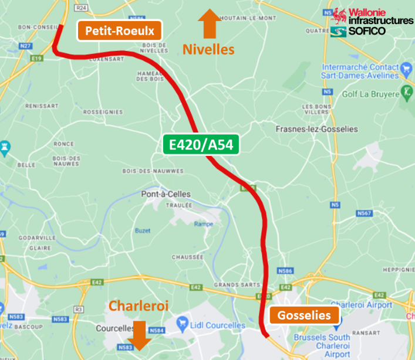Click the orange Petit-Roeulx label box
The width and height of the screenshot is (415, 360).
click(x=120, y=30)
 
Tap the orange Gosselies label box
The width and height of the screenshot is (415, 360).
click(x=300, y=315)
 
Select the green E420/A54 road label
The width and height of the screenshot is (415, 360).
click(x=201, y=145)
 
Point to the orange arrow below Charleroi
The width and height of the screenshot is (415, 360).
click(x=140, y=335)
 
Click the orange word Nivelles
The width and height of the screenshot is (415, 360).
click(x=208, y=49)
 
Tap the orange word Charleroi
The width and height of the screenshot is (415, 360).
click(x=139, y=306)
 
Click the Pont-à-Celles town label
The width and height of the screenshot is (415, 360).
click(x=166, y=194)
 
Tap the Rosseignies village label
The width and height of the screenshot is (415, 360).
click(x=103, y=111)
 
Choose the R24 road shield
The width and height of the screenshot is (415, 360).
click(x=81, y=8)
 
